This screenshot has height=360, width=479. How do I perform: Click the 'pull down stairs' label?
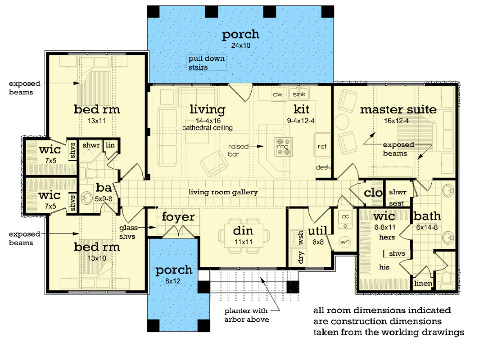point(207,63)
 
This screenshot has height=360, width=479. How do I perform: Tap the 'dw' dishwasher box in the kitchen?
point(277,94)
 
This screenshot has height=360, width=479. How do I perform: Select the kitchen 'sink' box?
point(298,94)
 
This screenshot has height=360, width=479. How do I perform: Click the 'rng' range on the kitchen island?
point(282,147)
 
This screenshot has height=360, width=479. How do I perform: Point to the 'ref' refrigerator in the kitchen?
point(322,146)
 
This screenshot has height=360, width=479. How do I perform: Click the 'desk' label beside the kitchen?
point(323,167)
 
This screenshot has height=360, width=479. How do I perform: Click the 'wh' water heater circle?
point(346,242)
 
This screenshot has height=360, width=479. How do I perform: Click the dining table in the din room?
point(244,235)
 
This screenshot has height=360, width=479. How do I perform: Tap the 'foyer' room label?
point(178,217)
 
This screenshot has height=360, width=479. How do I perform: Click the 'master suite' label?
point(398,109)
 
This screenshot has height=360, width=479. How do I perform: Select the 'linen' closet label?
point(423,283)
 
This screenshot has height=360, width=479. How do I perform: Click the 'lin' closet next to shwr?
point(109,145)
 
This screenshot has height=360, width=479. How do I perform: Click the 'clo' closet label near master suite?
point(373,193)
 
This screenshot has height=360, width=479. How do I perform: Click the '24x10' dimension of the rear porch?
point(240,46)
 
